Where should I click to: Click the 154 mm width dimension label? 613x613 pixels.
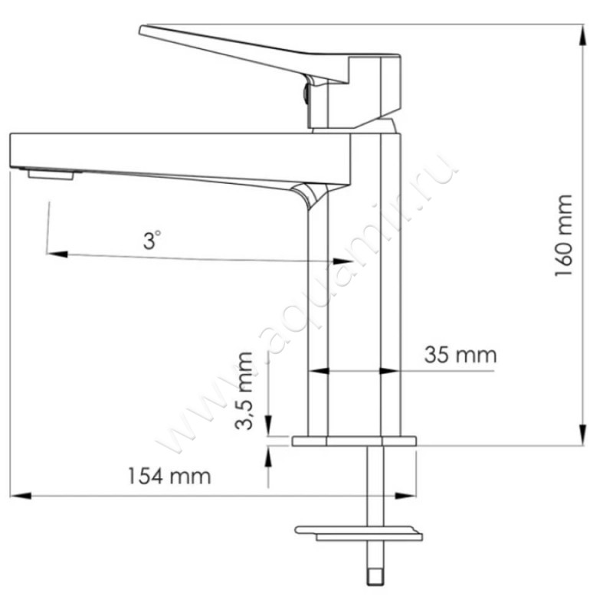click(x=169, y=476)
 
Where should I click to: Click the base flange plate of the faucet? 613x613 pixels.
click(x=353, y=441)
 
